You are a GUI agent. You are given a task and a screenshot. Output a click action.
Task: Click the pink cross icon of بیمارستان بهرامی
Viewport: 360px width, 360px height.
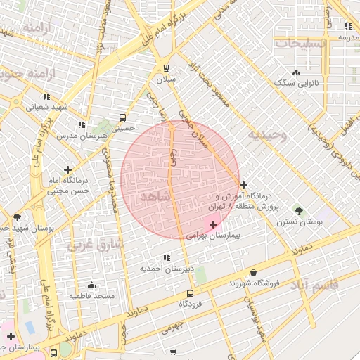tap(214, 224)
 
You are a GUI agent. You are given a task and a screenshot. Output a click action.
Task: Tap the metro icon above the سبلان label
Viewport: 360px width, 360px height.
tap(166, 68)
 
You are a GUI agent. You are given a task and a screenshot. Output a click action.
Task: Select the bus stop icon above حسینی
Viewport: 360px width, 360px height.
tap(123, 117)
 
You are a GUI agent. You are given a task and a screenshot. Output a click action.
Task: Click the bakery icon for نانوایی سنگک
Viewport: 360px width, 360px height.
tap(296, 72)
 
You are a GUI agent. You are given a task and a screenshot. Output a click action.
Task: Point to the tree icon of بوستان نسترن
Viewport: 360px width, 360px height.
tap(299, 210)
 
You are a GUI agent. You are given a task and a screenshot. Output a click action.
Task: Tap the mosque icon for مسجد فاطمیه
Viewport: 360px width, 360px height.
tap(91, 285)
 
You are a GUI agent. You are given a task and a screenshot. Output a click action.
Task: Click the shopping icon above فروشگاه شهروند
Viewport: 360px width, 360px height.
tap(253, 272)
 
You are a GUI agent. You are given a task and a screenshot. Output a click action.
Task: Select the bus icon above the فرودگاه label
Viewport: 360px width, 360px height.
tap(190, 293)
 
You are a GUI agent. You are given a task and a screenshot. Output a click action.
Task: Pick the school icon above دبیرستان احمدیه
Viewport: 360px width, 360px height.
tap(166, 257)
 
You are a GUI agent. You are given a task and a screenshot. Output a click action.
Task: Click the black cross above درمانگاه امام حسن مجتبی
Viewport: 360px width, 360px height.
tap(67, 169)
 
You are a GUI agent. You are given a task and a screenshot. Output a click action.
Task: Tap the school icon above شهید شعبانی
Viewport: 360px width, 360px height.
tap(46, 96)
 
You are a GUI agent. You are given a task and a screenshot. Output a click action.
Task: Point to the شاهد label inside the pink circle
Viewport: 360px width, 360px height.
tap(155, 196)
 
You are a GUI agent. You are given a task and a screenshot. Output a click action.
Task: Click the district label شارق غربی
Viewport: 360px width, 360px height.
tap(95, 244)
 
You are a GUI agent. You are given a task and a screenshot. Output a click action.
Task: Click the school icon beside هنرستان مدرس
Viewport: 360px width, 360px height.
tap(82, 124)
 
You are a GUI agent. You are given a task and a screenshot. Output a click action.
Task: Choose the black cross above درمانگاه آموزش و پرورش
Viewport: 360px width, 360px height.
tap(243, 186)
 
